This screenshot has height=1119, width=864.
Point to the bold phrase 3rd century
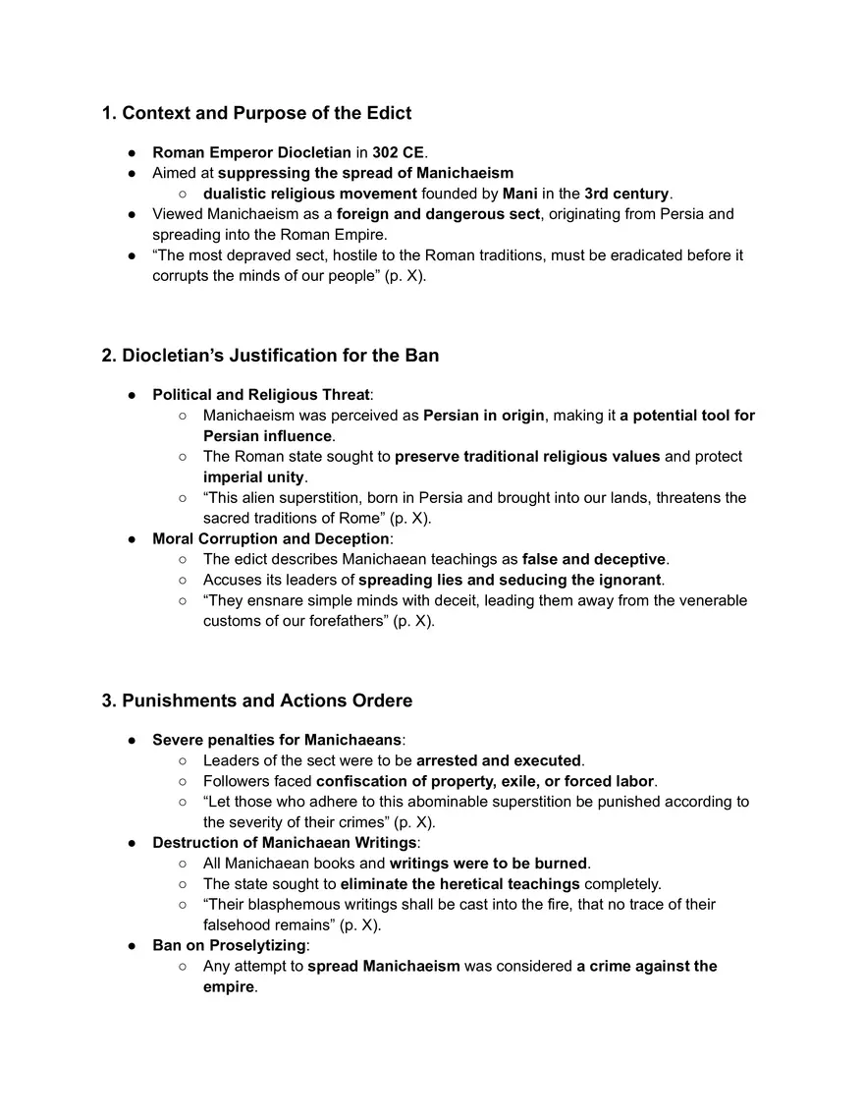(626, 194)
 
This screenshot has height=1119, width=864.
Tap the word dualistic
(237, 194)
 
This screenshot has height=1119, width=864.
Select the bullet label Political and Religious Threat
(261, 395)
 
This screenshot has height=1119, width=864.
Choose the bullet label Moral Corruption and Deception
(271, 539)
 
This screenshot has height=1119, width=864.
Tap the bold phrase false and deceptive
(594, 560)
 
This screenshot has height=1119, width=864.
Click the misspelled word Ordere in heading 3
(381, 700)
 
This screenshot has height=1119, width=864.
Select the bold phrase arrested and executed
(499, 760)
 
